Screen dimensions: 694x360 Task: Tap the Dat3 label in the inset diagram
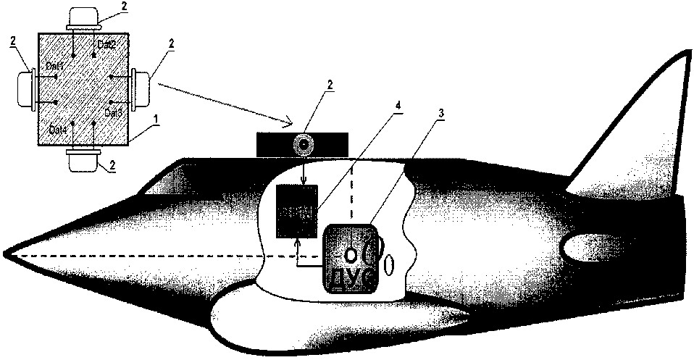pos(112,113)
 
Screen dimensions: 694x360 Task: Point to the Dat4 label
pos(58,129)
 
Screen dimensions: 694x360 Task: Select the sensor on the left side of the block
pos(25,87)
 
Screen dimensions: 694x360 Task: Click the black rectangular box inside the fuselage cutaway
pos(297,211)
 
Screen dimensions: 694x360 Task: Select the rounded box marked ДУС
pos(349,259)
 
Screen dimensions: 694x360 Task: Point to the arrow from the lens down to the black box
pos(304,171)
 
